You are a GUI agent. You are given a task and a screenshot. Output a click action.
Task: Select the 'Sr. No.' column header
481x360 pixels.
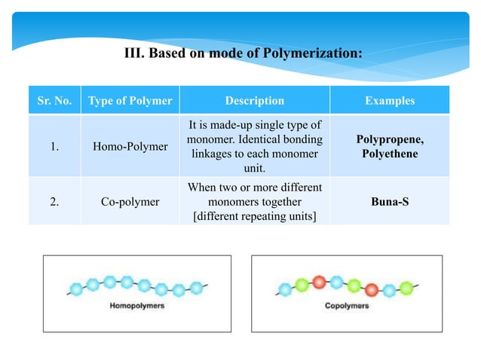[x=55, y=101]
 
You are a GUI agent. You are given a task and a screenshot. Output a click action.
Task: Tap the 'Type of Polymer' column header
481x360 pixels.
[x=130, y=101]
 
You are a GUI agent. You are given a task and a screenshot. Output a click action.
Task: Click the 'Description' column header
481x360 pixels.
[x=254, y=101]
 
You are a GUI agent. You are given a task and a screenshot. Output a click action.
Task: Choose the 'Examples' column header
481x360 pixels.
[x=389, y=101]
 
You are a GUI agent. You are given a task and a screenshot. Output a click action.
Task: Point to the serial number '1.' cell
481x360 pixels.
[x=55, y=146]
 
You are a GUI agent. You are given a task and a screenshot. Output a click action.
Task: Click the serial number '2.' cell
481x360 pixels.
[x=55, y=202]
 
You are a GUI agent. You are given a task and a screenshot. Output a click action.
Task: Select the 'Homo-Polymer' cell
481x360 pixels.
[x=130, y=146]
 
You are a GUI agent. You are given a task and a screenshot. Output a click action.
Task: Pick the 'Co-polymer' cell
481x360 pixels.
[x=130, y=202]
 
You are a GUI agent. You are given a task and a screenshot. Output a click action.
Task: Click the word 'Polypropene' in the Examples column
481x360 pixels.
[x=389, y=140]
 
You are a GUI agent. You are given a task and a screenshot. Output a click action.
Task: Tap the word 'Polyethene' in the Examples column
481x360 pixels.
[x=389, y=154]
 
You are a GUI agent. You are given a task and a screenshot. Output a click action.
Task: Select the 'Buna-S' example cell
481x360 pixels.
[x=389, y=202]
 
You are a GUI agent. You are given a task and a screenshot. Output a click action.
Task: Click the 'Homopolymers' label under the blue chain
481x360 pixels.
[x=137, y=306]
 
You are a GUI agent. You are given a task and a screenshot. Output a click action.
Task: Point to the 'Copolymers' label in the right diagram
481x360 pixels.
[x=347, y=306]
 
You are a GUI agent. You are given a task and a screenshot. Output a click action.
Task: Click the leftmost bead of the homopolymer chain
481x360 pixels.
[x=76, y=288]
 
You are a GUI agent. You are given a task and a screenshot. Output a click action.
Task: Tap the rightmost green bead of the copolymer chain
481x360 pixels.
[x=406, y=287]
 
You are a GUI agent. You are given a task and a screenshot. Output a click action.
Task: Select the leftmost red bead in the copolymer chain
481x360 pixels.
[x=319, y=282]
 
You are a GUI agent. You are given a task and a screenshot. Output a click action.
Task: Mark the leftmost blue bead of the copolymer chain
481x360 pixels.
[x=285, y=289]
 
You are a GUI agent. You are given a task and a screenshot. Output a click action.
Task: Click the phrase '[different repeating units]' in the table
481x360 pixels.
[x=254, y=215]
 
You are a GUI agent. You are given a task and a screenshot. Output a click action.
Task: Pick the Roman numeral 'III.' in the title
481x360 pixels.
[x=133, y=53]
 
